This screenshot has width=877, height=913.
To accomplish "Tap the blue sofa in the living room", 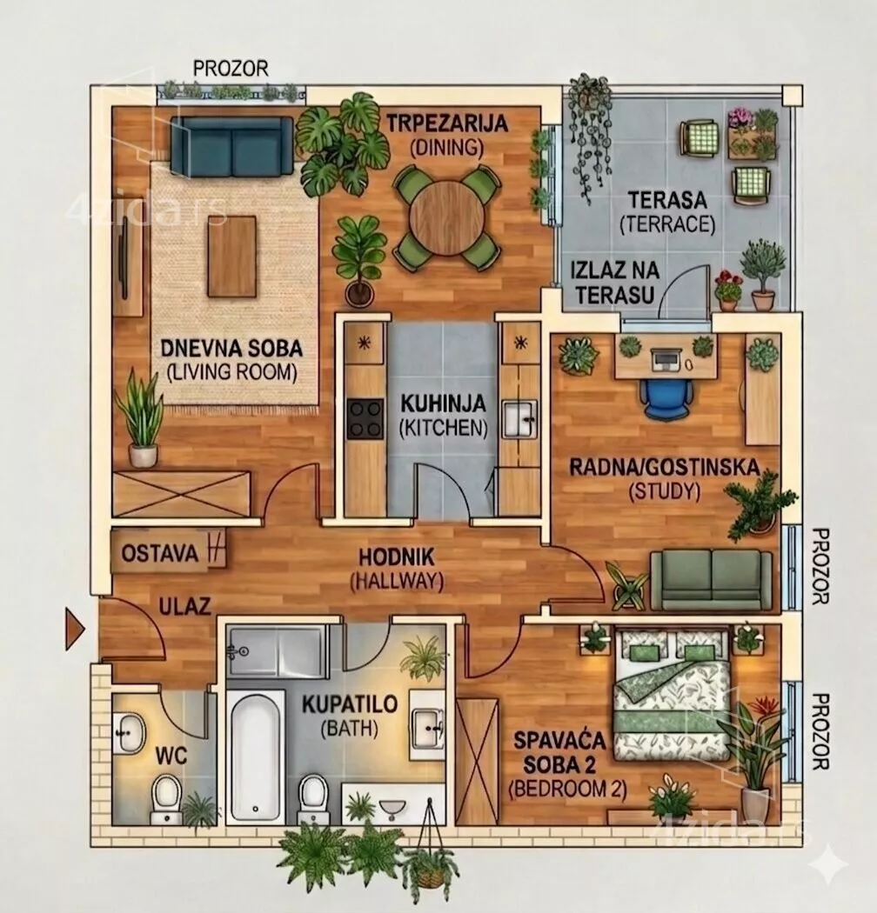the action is click(232, 145).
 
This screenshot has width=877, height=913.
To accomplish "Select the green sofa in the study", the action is click(711, 579).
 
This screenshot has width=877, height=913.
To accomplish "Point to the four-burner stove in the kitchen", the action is click(365, 418).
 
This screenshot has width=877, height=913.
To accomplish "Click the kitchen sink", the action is click(519, 418).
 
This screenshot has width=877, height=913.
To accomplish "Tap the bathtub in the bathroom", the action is click(255, 756).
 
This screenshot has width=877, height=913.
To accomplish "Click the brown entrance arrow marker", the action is click(75, 629).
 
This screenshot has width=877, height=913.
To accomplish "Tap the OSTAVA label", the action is click(160, 552).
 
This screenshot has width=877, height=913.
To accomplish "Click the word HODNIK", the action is click(396, 557).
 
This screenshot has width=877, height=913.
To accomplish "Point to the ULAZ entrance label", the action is click(184, 607).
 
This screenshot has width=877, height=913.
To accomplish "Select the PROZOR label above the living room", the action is click(231, 69).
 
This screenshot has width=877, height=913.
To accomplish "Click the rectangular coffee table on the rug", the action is click(232, 257).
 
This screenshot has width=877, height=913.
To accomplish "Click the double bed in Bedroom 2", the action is click(672, 693).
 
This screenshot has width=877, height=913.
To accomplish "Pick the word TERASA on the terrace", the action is click(668, 200).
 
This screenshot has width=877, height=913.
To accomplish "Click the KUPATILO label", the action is click(350, 704).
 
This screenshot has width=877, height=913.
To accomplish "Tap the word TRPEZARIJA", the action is click(447, 123).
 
